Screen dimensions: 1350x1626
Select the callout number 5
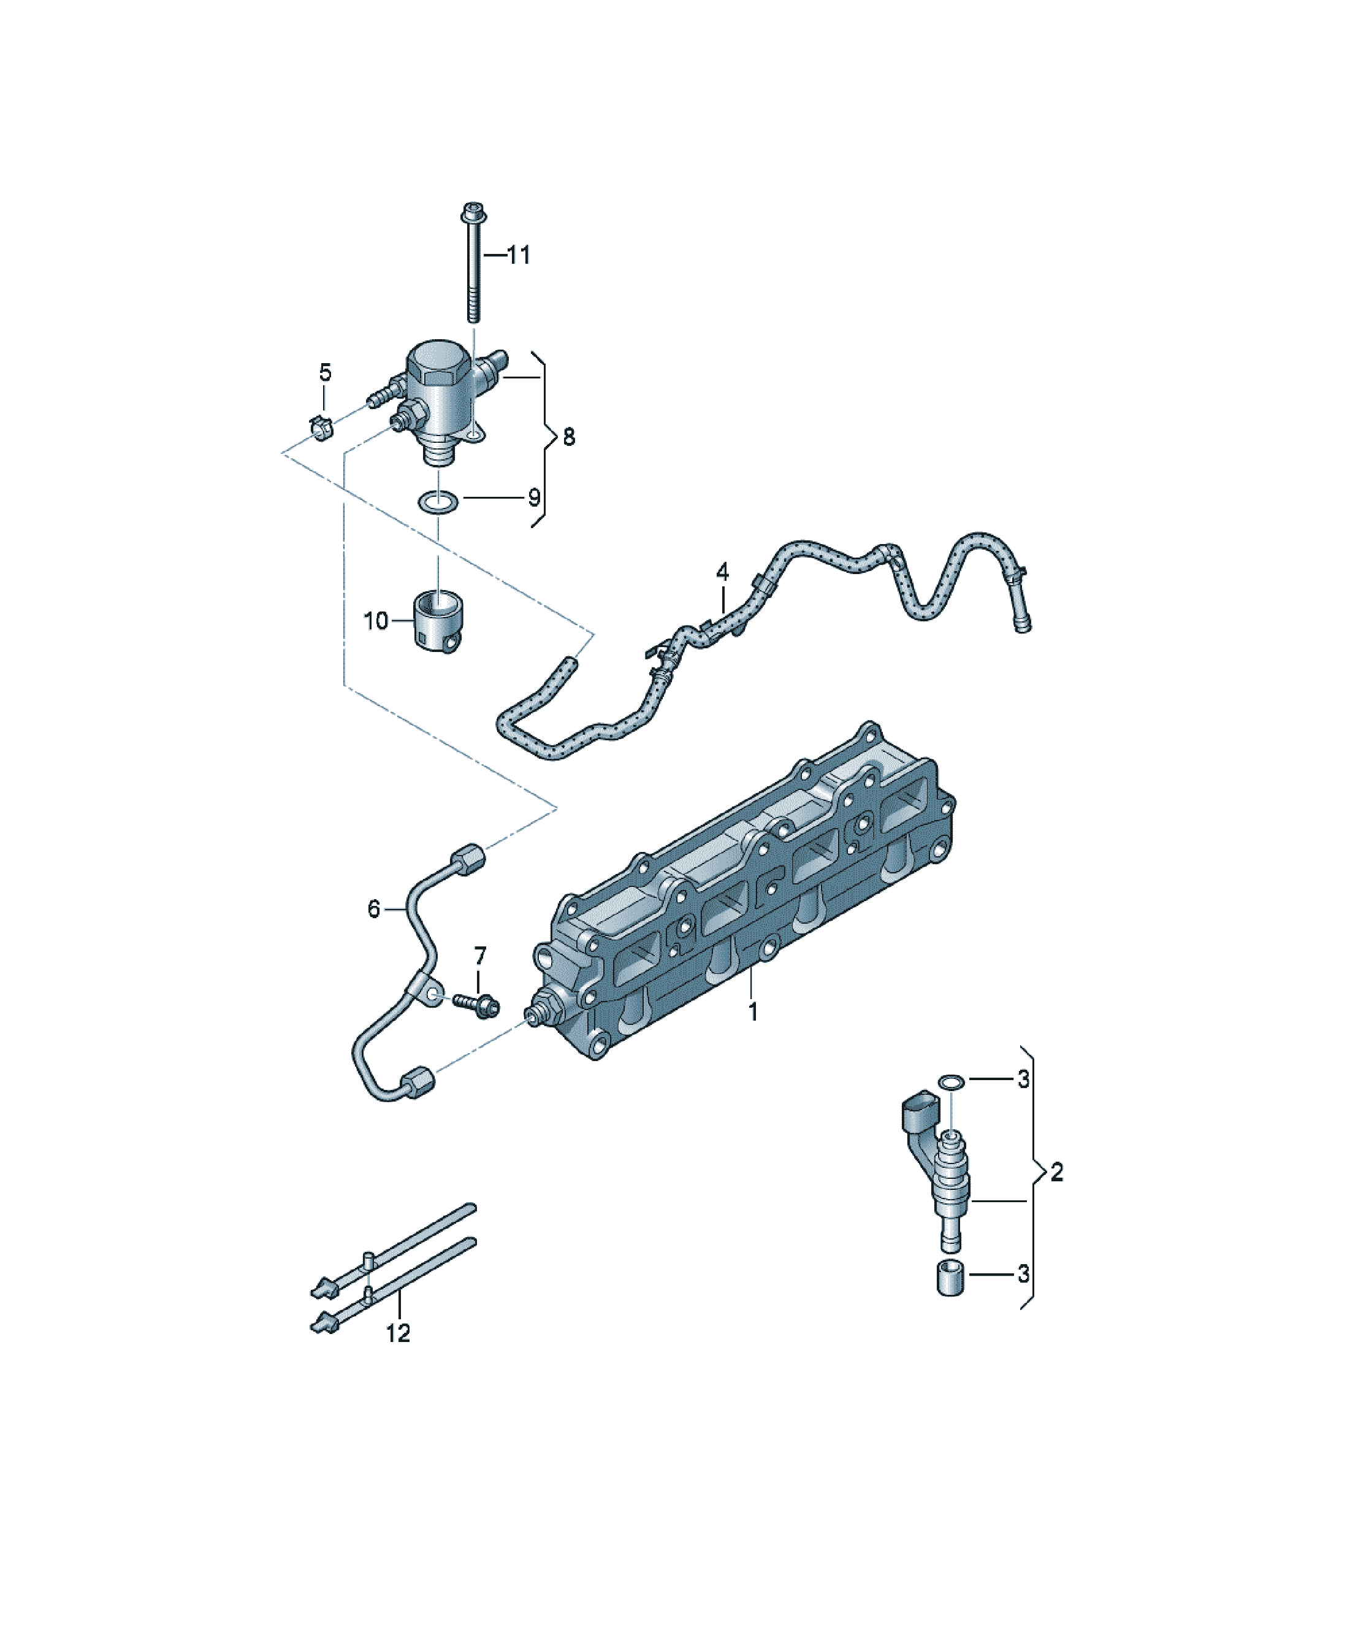(325, 372)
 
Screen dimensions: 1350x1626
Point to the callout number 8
(569, 437)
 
